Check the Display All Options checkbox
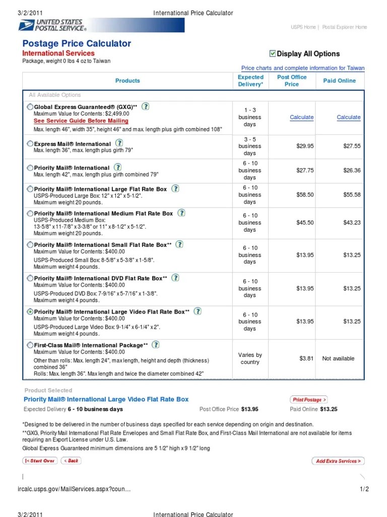(273, 54)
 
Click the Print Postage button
(309, 399)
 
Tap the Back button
(71, 460)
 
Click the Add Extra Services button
(338, 461)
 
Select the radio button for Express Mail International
(30, 144)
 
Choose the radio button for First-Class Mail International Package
(30, 345)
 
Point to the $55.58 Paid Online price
(352, 194)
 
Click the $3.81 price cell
(306, 358)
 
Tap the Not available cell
(338, 358)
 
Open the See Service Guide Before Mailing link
(81, 121)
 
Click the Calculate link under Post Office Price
(301, 117)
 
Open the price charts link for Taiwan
(303, 68)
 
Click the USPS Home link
(303, 27)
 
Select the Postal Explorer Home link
(345, 27)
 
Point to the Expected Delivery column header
(250, 81)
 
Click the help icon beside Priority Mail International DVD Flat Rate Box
(176, 278)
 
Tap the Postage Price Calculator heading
(77, 43)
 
